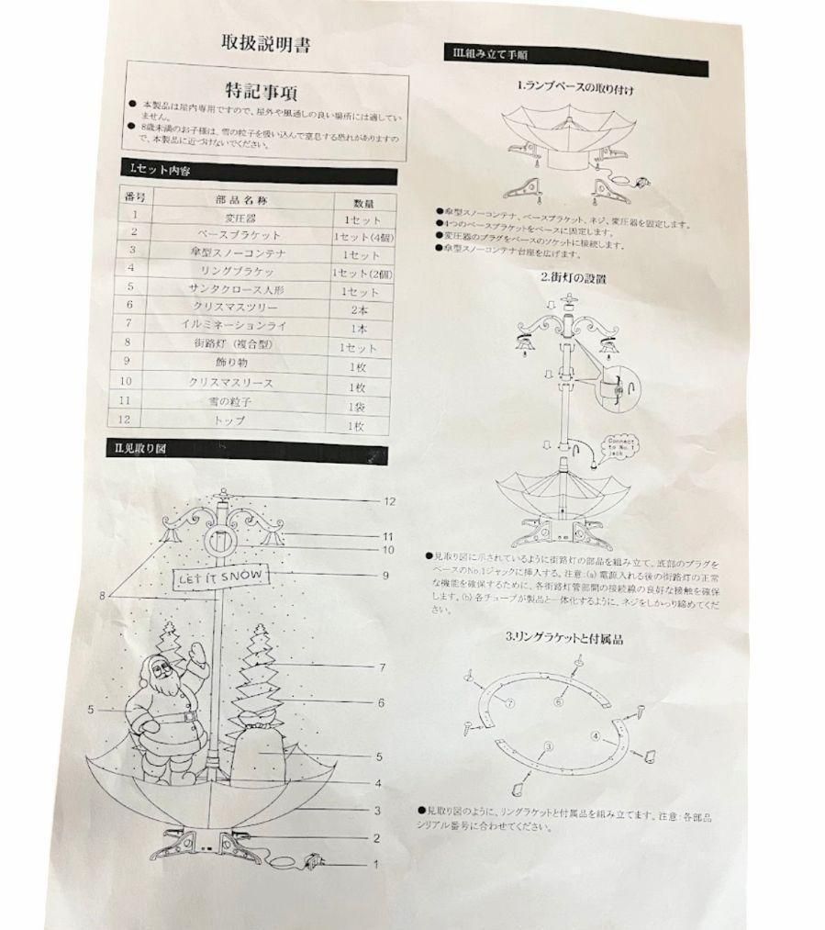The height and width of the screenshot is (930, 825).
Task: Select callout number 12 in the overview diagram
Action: [389, 502]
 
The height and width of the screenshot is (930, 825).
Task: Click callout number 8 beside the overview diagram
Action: [104, 596]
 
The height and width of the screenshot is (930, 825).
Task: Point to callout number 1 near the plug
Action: [375, 864]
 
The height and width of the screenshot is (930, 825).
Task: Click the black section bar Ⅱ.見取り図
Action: [253, 451]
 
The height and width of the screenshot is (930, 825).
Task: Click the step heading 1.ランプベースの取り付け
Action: [575, 90]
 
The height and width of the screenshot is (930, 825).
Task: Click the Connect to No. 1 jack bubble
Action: [622, 445]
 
